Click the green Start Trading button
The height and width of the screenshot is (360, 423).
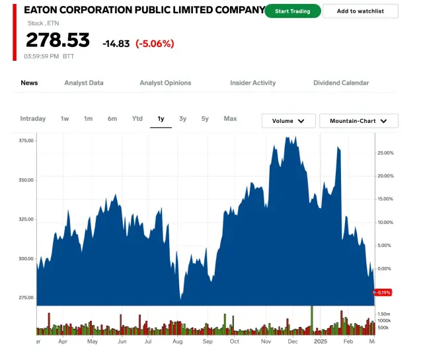(x=292, y=11)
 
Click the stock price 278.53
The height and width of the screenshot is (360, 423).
(x=58, y=41)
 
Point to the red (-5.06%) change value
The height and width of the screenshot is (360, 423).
(x=155, y=44)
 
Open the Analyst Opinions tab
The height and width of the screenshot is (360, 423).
(x=165, y=83)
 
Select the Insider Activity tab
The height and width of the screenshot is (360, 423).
(x=252, y=83)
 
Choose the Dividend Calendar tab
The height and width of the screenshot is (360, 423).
(x=341, y=83)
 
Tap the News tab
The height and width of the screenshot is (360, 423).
(x=29, y=83)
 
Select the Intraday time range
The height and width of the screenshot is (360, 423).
(x=33, y=119)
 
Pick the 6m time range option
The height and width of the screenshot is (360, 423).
(x=112, y=119)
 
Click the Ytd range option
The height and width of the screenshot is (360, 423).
(x=137, y=119)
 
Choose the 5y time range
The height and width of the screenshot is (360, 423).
(x=205, y=119)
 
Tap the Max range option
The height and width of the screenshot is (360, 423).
(x=230, y=119)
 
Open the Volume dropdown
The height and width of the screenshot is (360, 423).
(x=288, y=121)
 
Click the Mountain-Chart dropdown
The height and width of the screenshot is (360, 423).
(x=358, y=121)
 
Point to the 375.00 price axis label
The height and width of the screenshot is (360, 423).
(x=26, y=141)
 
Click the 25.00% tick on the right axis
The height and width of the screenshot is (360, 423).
(x=385, y=153)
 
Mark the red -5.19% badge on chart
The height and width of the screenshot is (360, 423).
(x=383, y=292)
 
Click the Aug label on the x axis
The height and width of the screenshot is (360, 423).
(x=178, y=342)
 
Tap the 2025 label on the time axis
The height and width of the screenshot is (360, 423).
(x=320, y=342)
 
